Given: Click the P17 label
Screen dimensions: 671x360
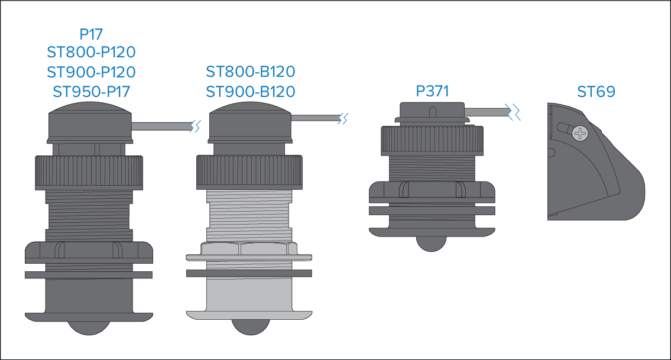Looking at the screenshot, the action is [91, 34].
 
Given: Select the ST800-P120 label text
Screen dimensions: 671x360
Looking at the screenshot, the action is [91, 52].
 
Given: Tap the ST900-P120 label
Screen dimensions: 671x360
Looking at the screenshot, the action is [91, 72].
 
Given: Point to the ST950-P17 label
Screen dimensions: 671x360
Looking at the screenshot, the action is [91, 92].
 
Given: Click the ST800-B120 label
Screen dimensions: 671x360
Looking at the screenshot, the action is [250, 72].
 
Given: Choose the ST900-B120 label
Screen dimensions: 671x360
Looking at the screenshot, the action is [250, 92].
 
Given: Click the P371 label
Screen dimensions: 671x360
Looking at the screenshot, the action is [432, 91].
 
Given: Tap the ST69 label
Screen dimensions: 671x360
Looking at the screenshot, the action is [596, 92].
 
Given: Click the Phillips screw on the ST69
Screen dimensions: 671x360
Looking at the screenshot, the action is [581, 134].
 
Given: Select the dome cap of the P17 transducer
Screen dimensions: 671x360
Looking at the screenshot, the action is [90, 122].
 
